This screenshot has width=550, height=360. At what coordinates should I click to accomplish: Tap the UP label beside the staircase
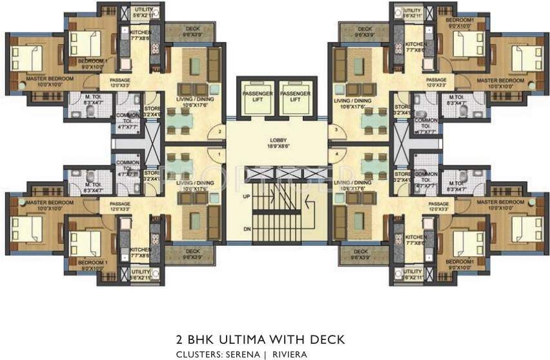coord(246,195)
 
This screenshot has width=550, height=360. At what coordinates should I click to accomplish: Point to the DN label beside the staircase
coord(246,229)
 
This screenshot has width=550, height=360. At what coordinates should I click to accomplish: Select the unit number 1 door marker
coord(220,155)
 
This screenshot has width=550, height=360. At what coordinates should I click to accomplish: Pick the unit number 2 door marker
coord(220,132)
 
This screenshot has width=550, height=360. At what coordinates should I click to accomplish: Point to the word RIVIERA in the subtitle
coord(289,354)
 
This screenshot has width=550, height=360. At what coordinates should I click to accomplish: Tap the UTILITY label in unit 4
coord(411,273)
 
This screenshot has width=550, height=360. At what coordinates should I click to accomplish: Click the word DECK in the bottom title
coord(329,339)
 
